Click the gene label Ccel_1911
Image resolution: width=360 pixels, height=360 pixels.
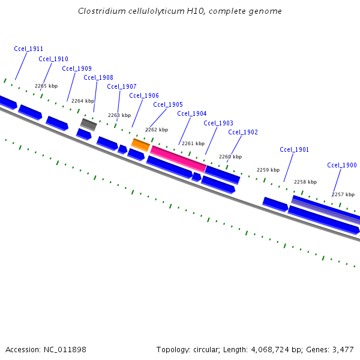tap(28, 49)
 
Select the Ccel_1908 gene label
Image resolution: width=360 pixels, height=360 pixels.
tap(98, 77)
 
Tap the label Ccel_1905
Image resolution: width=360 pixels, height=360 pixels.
tap(168, 104)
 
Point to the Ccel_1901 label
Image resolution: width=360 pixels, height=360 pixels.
tap(294, 149)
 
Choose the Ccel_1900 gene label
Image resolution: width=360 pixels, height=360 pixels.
tap(342, 165)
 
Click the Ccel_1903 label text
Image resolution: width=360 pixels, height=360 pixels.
tap(218, 123)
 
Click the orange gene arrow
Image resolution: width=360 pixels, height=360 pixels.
tap(140, 145)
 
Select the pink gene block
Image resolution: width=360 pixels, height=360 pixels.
tap(178, 158)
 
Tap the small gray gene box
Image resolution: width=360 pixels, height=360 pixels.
tap(88, 124)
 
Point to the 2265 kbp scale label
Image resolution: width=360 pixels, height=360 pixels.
tap(46, 86)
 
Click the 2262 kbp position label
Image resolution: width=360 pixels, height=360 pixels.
tap(157, 130)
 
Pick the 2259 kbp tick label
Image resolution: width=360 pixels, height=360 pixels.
tap(268, 170)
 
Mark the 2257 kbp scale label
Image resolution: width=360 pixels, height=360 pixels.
tap(343, 194)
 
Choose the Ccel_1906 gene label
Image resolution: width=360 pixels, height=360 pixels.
tap(144, 95)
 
